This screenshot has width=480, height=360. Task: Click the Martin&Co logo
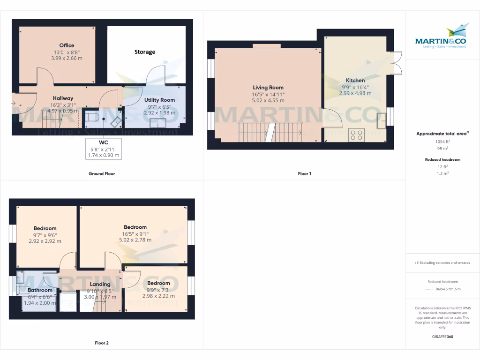click(441, 37)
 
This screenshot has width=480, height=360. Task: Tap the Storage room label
click(145, 52)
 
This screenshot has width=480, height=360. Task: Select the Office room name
click(67, 45)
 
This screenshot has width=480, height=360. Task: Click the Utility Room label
click(159, 100)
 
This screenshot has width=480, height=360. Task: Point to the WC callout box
click(104, 149)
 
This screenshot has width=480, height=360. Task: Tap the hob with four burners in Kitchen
click(356, 135)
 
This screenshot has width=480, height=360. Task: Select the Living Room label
click(268, 88)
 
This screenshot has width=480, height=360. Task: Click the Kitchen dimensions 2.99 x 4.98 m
click(355, 93)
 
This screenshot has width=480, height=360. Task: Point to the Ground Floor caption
click(102, 173)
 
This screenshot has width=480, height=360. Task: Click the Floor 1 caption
click(304, 173)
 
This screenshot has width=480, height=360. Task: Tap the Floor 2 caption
click(102, 343)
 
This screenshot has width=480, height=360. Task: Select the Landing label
click(100, 284)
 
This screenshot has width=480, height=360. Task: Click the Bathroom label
click(40, 290)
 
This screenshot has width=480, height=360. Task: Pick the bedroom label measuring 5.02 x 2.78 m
click(135, 227)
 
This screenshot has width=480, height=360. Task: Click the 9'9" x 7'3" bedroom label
click(158, 283)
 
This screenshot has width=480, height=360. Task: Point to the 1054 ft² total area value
click(442, 141)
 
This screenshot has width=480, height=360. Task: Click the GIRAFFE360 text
click(442, 337)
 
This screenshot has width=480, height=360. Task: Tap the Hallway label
click(63, 98)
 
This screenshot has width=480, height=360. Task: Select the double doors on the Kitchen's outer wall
click(397, 63)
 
